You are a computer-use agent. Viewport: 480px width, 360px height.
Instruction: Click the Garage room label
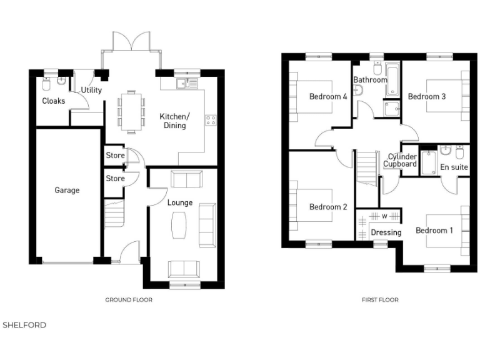point(67,190)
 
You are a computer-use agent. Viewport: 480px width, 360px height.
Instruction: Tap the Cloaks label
point(53,101)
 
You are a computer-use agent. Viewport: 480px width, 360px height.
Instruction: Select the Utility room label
point(91,90)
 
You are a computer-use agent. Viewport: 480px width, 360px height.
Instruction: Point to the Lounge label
point(180,202)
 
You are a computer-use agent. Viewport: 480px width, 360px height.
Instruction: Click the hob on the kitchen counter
point(211,119)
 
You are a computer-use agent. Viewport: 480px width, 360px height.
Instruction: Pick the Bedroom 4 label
point(328,96)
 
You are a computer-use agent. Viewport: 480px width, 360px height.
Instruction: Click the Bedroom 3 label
point(427,96)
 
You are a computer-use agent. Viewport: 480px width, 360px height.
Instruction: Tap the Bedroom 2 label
point(328,207)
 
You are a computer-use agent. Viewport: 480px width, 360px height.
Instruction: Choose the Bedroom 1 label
point(435,230)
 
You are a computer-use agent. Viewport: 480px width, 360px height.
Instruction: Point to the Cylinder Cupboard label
point(400,160)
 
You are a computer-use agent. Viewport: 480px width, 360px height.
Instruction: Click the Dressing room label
point(386,232)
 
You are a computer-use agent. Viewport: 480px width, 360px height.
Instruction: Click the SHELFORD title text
point(24,325)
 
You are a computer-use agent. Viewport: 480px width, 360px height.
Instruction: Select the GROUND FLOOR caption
point(128,300)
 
